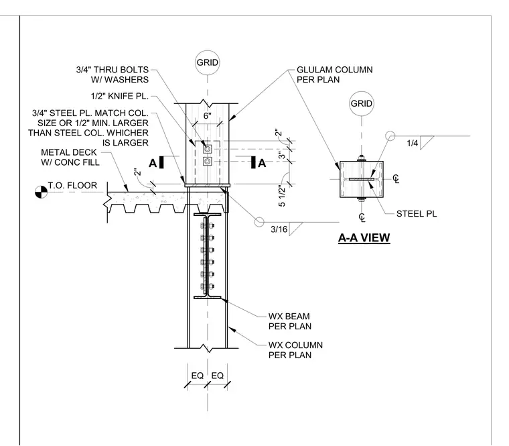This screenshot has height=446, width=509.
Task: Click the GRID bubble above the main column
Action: tap(208, 62)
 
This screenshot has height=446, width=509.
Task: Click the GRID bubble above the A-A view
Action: tap(361, 103)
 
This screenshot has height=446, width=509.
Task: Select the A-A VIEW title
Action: tap(364, 238)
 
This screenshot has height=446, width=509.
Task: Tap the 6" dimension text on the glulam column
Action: tap(208, 116)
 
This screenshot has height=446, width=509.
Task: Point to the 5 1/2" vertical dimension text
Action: tap(282, 196)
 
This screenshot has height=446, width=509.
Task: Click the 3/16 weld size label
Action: tap(279, 229)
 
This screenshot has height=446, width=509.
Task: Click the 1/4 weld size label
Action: tap(413, 143)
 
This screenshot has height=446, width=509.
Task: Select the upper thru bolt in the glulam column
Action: tap(208, 149)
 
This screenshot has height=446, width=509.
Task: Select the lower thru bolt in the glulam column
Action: tap(208, 161)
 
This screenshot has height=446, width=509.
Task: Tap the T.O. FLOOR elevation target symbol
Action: tap(41, 192)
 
